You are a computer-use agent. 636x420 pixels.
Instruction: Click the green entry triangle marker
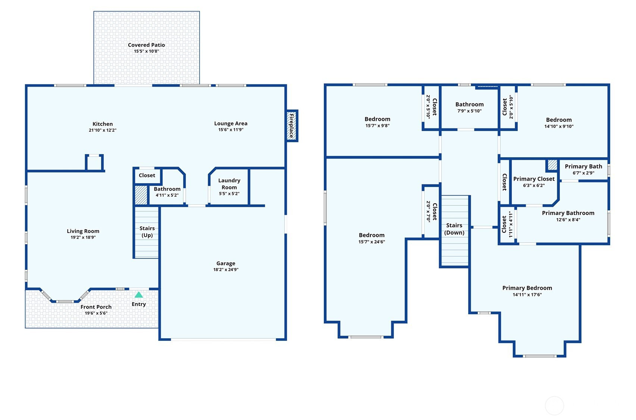pyautogui.click(x=138, y=295)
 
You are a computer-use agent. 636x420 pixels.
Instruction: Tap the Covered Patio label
pyautogui.click(x=146, y=45)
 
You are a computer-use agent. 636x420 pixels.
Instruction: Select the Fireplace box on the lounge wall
pyautogui.click(x=292, y=125)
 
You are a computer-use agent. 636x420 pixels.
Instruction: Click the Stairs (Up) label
pyautogui.click(x=147, y=231)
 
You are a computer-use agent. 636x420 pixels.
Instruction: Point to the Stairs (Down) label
pyautogui.click(x=454, y=229)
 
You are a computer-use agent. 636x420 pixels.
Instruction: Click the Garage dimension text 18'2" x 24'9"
pyautogui.click(x=226, y=270)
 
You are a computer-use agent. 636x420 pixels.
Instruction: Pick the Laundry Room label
pyautogui.click(x=229, y=184)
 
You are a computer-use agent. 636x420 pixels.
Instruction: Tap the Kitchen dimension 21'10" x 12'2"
pyautogui.click(x=103, y=130)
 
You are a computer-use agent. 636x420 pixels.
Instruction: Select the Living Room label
pyautogui.click(x=83, y=231)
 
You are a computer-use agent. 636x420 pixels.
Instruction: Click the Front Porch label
pyautogui.click(x=96, y=307)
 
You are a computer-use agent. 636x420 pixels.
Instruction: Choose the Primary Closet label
pyautogui.click(x=534, y=179)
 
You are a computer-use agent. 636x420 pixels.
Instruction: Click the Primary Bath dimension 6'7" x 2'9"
pyautogui.click(x=583, y=173)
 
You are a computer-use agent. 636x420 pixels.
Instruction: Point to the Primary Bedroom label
pyautogui.click(x=527, y=288)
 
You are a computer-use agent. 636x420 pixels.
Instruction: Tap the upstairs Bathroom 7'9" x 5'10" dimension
pyautogui.click(x=469, y=111)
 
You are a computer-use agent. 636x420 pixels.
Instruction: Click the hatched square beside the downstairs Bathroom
pyautogui.click(x=141, y=195)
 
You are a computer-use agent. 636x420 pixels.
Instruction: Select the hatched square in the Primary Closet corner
pyautogui.click(x=552, y=165)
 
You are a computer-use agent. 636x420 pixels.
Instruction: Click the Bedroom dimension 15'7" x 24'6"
pyautogui.click(x=372, y=242)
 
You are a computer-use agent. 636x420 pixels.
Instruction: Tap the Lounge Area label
pyautogui.click(x=231, y=123)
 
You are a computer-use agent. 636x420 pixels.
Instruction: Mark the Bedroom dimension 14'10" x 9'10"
pyautogui.click(x=559, y=126)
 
